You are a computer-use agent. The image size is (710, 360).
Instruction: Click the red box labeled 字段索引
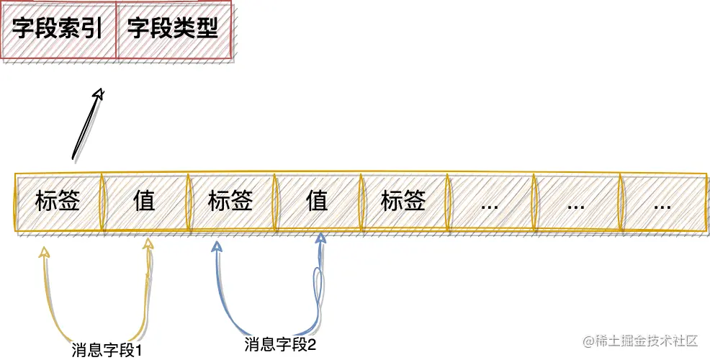[58, 30]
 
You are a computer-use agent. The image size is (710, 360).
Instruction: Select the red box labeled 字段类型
[173, 30]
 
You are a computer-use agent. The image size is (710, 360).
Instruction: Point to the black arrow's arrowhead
[99, 94]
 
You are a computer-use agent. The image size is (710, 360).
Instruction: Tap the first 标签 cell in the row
[58, 201]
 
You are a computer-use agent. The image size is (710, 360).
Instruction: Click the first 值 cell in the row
[144, 201]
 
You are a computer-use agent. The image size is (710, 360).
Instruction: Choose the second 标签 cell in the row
[230, 201]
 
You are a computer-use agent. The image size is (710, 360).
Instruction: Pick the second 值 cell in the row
[317, 201]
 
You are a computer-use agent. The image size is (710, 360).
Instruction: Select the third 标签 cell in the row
[403, 201]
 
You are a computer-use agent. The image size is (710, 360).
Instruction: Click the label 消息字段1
[106, 351]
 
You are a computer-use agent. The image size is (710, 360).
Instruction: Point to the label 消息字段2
[281, 344]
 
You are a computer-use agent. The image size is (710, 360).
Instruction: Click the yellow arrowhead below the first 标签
[44, 252]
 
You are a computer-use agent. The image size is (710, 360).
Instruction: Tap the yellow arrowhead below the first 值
[148, 245]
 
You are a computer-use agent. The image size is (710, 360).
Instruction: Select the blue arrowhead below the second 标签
[216, 248]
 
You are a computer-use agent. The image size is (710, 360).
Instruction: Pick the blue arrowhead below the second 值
[322, 238]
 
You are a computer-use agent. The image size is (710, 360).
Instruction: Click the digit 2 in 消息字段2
[312, 344]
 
